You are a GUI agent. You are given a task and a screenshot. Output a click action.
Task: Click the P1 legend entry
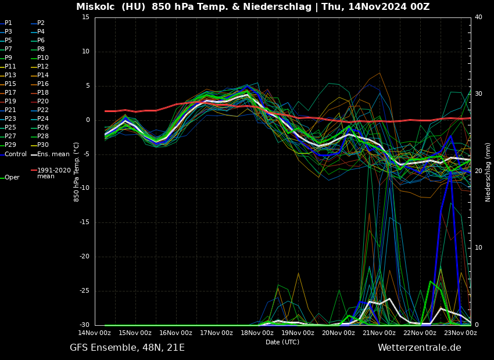click(8, 23)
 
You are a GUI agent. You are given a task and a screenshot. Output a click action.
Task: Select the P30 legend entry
click(43, 145)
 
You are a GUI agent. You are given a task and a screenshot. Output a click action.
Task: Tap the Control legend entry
click(16, 154)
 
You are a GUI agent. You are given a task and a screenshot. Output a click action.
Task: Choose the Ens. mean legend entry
click(53, 154)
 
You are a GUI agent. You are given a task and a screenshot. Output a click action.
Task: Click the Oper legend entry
click(12, 178)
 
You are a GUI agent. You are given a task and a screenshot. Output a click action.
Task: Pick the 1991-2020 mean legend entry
click(53, 173)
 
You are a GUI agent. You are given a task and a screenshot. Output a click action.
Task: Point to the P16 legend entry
click(43, 84)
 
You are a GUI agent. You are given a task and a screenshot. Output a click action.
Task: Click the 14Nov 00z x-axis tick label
click(95, 333)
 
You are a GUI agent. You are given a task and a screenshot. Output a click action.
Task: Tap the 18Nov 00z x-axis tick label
click(257, 333)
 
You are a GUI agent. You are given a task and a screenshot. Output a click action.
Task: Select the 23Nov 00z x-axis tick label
click(460, 333)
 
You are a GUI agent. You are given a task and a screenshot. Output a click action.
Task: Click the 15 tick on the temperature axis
click(85, 17)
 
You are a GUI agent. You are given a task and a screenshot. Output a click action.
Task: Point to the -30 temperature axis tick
click(84, 325)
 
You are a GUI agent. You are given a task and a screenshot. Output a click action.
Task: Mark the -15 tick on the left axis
click(84, 222)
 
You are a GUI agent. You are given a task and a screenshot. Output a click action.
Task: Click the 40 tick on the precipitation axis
click(478, 17)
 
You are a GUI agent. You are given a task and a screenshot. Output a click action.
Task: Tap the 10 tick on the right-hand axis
click(478, 248)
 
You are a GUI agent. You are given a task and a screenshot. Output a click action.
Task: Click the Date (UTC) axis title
click(282, 342)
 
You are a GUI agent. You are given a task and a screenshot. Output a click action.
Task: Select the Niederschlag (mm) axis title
click(488, 172)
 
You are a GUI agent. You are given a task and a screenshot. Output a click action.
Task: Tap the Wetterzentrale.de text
click(419, 348)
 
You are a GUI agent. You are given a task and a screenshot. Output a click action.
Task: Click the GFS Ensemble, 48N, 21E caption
click(127, 348)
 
